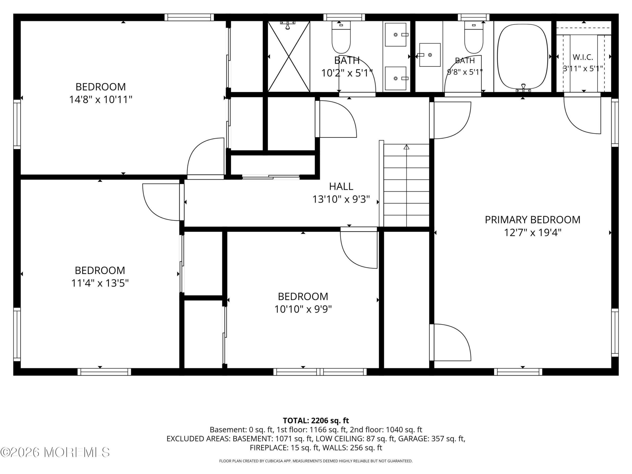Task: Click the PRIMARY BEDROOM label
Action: (533, 219)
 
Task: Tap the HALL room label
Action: (341, 186)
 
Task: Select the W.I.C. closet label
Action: (583, 57)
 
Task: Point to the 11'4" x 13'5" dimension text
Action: (100, 283)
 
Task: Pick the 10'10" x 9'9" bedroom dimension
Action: (303, 309)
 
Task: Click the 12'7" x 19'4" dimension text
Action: (533, 233)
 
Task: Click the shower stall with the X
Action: (289, 57)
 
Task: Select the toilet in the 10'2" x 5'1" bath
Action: (341, 37)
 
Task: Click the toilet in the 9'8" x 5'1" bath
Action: (474, 37)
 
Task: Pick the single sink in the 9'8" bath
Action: (430, 55)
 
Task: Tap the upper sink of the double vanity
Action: (396, 35)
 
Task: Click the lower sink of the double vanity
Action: (396, 78)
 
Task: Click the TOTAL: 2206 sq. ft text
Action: (316, 421)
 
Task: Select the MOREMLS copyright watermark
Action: (55, 452)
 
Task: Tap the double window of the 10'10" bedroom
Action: (320, 372)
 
